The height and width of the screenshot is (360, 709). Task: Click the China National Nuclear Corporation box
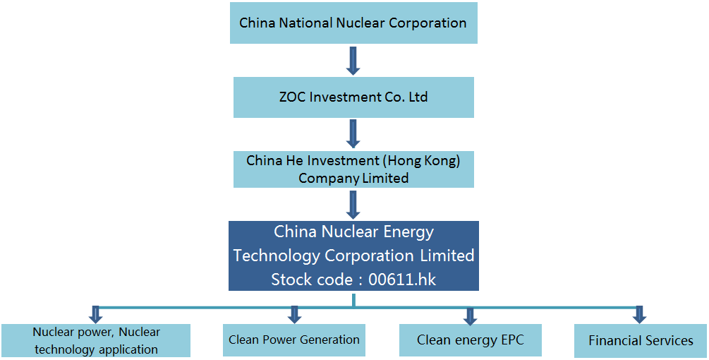[x=353, y=23]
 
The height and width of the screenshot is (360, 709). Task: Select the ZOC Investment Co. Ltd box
[x=353, y=97]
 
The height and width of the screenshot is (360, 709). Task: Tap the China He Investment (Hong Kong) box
[x=353, y=169]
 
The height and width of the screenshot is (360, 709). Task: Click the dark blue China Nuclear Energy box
[x=353, y=256]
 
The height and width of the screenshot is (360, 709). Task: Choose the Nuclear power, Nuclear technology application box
[x=96, y=340]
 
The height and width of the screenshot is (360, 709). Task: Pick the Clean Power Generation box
[x=294, y=340]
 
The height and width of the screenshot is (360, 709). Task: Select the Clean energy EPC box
[x=471, y=340]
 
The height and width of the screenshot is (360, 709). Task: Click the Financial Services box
[x=641, y=340]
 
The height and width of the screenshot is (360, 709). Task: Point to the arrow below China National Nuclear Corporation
[x=353, y=61]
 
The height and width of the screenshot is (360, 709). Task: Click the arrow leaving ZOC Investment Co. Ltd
[x=353, y=134]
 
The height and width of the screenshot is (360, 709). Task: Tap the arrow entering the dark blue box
[x=353, y=205]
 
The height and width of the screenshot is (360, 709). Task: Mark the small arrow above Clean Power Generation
[x=294, y=315]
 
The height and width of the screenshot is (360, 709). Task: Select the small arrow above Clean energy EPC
[x=471, y=316]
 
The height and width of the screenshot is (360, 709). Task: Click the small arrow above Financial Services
[x=639, y=315]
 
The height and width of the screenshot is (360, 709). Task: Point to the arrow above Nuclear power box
[x=96, y=315]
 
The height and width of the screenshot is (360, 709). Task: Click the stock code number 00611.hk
[x=402, y=280]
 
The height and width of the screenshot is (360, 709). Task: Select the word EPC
[x=511, y=340]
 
